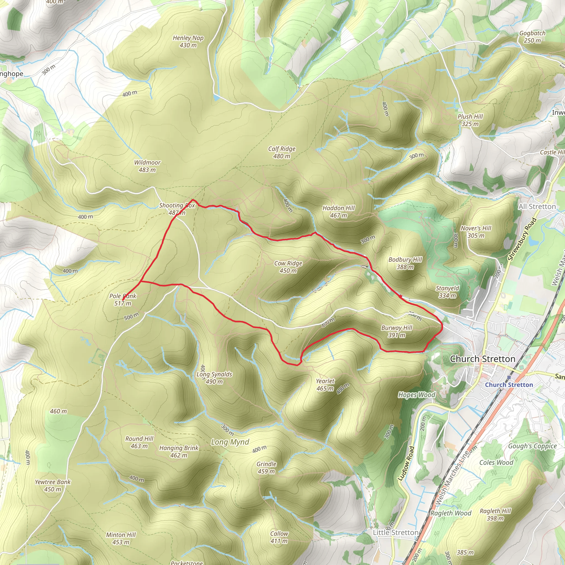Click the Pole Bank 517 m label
(x=122, y=299)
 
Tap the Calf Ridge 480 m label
(x=282, y=152)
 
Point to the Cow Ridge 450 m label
(x=288, y=267)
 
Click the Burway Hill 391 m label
(x=396, y=331)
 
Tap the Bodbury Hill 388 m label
(x=405, y=263)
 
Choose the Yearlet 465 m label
(x=325, y=385)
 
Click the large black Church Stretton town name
(x=483, y=359)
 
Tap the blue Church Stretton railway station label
(x=509, y=385)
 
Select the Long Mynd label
(x=230, y=442)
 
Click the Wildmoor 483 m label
(x=147, y=166)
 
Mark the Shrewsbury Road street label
(x=522, y=239)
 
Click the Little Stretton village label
(x=395, y=532)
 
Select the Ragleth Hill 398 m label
(x=495, y=515)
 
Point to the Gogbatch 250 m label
(x=532, y=37)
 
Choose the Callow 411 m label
(x=279, y=537)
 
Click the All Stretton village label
(x=537, y=206)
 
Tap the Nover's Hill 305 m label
(x=476, y=232)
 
